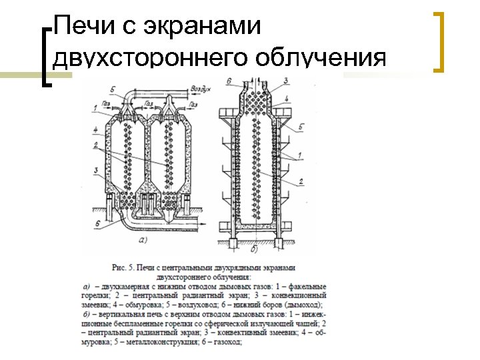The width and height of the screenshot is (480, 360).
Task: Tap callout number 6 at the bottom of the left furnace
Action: pos(97,223)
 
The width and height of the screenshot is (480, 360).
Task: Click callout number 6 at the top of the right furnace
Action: pos(228,81)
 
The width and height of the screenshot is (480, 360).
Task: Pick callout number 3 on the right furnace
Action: pos(285,81)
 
